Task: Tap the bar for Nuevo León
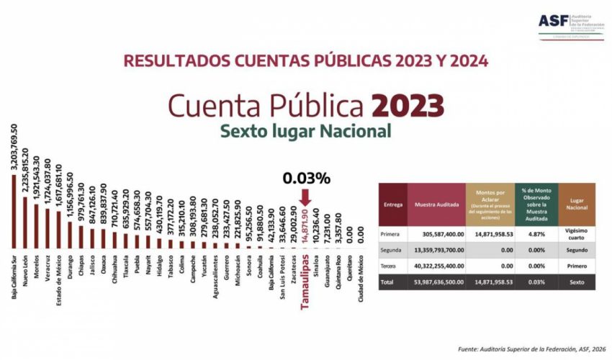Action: point(25,222)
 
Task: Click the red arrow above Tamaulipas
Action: point(305,196)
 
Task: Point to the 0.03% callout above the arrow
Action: point(305,176)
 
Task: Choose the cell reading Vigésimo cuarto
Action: point(576,234)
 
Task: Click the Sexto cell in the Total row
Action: point(576,282)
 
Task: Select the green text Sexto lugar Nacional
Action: point(305,132)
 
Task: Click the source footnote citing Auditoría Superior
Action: point(526,350)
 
